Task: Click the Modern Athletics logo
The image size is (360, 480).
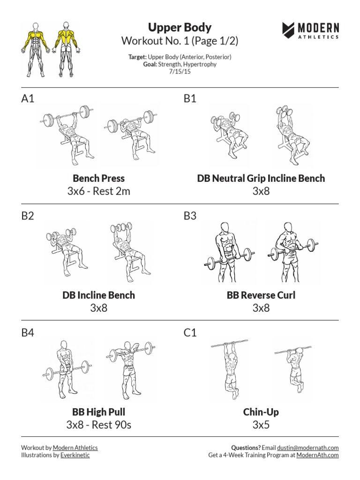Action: [x=310, y=30]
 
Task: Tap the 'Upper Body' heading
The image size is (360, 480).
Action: [x=180, y=27]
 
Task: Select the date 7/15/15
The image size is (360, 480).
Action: [x=180, y=71]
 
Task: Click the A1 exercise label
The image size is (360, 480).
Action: [x=28, y=98]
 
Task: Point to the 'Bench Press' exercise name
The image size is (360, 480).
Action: [x=98, y=178]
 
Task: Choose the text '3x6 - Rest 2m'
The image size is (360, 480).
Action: [x=98, y=191]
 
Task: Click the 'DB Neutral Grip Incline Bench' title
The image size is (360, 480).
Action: [x=261, y=178]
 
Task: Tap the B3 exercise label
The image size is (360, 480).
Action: [x=190, y=216]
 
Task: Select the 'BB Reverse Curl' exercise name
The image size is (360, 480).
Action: [x=261, y=295]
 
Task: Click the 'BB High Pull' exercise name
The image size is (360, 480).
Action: [x=98, y=412]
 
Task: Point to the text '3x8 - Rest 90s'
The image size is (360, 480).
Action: [x=98, y=425]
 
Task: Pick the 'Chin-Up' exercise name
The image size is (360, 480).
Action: [x=261, y=412]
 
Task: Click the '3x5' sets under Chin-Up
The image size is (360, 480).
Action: [x=261, y=425]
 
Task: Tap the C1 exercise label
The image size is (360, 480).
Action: [x=190, y=332]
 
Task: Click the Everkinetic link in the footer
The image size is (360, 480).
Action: [x=75, y=455]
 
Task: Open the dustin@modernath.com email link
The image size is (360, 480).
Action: [x=307, y=448]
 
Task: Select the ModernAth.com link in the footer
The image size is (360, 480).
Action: [x=317, y=455]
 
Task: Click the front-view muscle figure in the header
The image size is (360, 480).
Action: [x=36, y=49]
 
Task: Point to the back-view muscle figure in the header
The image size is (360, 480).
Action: [x=66, y=49]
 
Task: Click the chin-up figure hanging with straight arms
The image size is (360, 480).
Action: [x=231, y=369]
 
